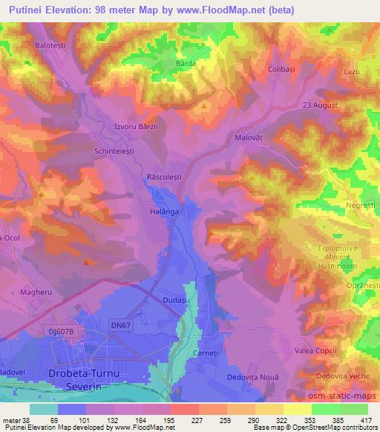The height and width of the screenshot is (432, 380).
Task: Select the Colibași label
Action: [x=281, y=69]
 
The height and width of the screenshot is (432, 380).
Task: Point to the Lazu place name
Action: [x=352, y=71]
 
